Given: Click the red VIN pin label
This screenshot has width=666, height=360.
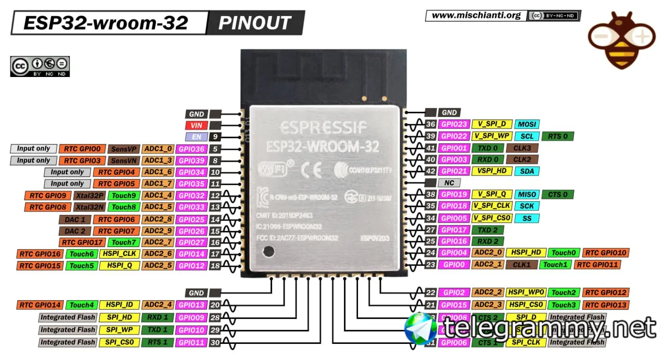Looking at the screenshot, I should coord(196,125).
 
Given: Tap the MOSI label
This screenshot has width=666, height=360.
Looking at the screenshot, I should coord(527,124).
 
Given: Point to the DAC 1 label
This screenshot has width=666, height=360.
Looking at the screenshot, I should coord(75,220).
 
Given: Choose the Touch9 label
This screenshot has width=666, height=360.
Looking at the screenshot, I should coord(124,196).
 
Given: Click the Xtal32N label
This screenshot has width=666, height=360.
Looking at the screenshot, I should coord(90,207).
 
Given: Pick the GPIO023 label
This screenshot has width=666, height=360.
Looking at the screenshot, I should coord(454,124).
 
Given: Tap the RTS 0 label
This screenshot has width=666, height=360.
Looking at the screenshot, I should coord(558,136).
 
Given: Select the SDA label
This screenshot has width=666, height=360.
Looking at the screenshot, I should coord(527,171).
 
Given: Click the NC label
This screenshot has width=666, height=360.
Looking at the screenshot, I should coord(449,183).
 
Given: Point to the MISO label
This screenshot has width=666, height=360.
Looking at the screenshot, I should coord(527,195).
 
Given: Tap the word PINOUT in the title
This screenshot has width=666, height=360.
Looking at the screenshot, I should coord(255,23).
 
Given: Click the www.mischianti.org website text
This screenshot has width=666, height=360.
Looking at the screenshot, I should coord(476,15).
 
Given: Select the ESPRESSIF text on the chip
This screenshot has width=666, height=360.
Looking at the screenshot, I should coord(323,126).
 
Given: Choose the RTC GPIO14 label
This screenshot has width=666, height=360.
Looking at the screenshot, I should coord(40,305).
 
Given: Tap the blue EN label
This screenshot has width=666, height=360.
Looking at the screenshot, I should coord(196,137).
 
